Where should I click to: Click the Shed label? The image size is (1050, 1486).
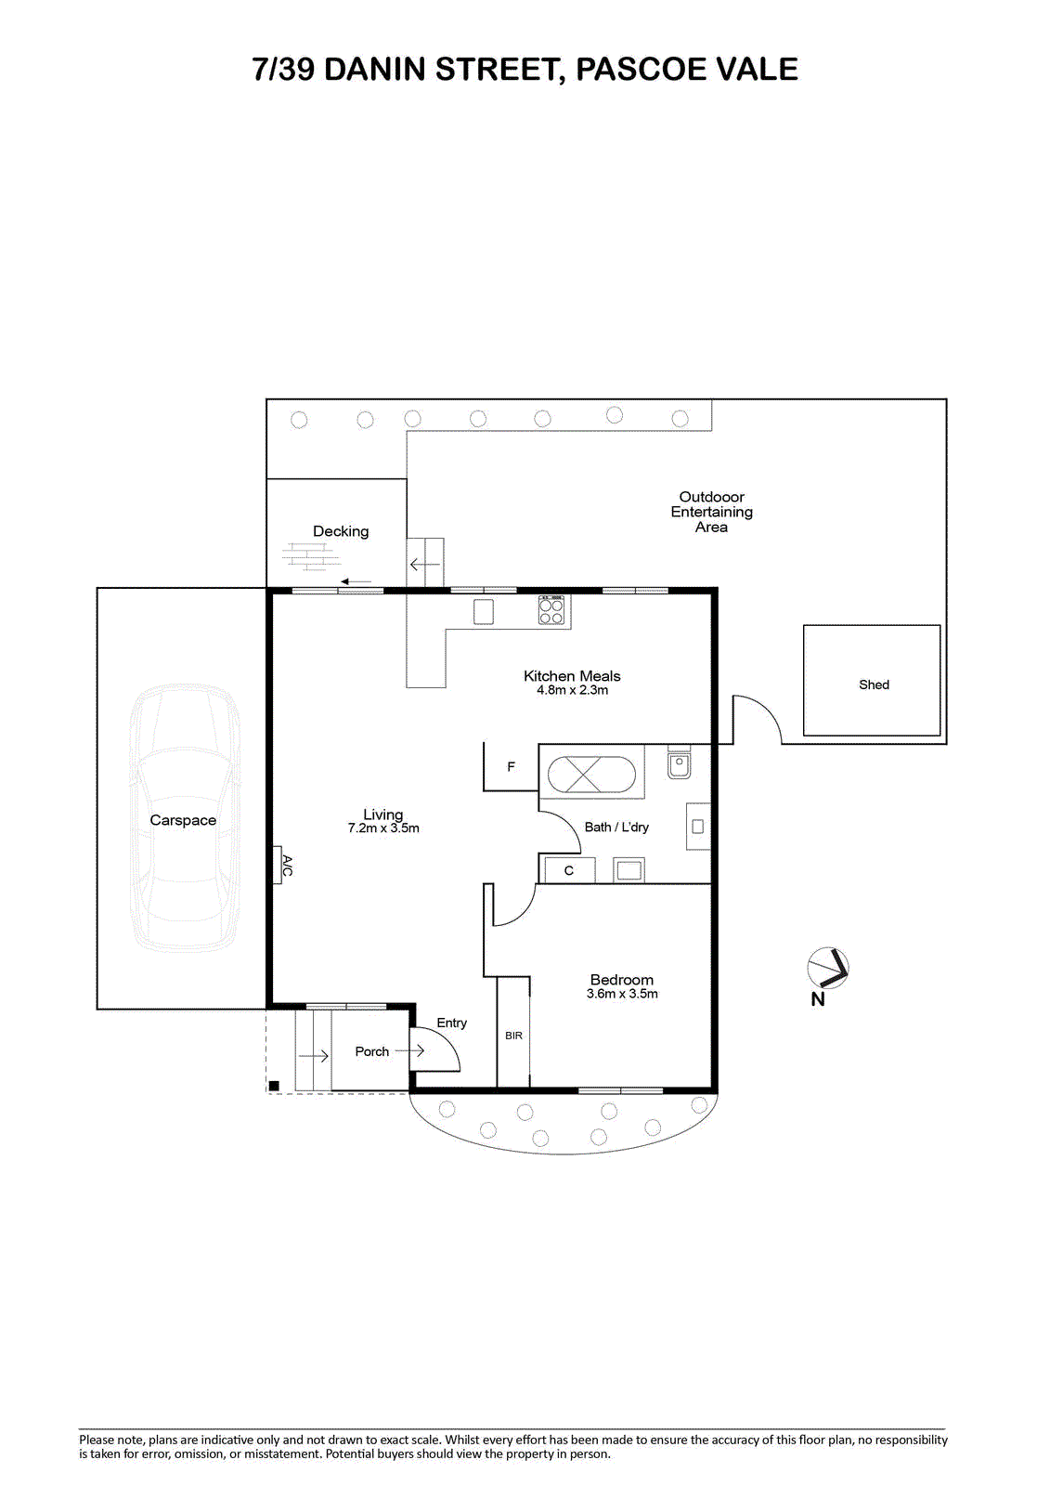click(x=874, y=684)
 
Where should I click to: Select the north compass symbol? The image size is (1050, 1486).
click(x=828, y=969)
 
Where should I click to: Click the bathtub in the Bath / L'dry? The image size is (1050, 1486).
click(x=591, y=775)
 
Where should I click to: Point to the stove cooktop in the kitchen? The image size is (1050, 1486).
click(x=551, y=610)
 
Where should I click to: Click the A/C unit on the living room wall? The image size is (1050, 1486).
click(x=278, y=865)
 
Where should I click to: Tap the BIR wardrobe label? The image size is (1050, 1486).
click(x=513, y=1036)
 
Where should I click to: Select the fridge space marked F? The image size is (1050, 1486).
click(x=511, y=767)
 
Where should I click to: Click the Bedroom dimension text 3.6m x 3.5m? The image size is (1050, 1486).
click(x=622, y=994)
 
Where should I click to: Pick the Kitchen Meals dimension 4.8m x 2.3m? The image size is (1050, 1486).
click(x=573, y=690)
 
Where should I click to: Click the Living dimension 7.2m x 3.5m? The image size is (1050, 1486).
click(x=383, y=828)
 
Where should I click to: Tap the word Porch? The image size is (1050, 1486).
click(x=371, y=1051)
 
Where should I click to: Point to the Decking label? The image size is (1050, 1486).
click(x=341, y=531)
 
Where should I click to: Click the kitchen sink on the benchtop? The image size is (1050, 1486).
click(x=484, y=612)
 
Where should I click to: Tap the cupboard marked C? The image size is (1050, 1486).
click(x=569, y=870)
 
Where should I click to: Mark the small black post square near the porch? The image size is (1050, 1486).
click(x=273, y=1086)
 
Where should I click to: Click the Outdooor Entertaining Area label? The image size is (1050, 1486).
click(x=711, y=512)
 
